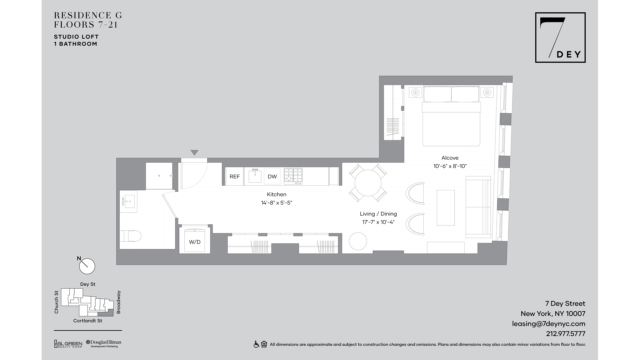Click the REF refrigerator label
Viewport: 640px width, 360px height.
pyautogui.click(x=234, y=177)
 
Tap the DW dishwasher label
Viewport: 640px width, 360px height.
pyautogui.click(x=272, y=177)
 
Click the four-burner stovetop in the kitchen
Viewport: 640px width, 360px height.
pyautogui.click(x=293, y=176)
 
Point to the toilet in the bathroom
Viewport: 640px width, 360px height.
pyautogui.click(x=131, y=236)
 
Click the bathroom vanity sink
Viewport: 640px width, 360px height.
pyautogui.click(x=128, y=201)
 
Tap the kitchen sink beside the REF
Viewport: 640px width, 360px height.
pyautogui.click(x=255, y=176)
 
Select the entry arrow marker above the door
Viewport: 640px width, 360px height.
pyautogui.click(x=194, y=153)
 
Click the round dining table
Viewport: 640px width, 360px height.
pyautogui.click(x=368, y=183)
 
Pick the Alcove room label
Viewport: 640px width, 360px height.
pyautogui.click(x=450, y=158)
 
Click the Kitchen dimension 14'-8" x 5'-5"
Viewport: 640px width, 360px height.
pyautogui.click(x=276, y=203)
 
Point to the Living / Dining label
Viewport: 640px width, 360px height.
pyautogui.click(x=378, y=214)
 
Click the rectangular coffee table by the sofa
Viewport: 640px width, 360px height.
pyautogui.click(x=446, y=208)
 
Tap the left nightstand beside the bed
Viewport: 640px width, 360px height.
pyautogui.click(x=415, y=92)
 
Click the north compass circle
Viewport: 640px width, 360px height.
pyautogui.click(x=87, y=266)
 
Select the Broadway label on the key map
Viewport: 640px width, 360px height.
pyautogui.click(x=118, y=302)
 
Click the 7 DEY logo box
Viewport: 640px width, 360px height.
pyautogui.click(x=560, y=37)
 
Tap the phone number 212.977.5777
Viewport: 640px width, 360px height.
pyautogui.click(x=565, y=334)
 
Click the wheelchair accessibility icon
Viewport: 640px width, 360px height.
pyautogui.click(x=256, y=344)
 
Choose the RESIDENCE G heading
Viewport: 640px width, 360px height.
pyautogui.click(x=88, y=15)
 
